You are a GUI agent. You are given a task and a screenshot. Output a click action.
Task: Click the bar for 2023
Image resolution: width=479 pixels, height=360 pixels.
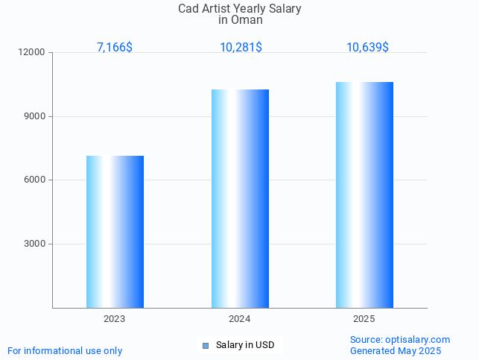(115, 232)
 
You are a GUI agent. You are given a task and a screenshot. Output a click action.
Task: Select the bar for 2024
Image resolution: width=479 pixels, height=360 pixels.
(240, 198)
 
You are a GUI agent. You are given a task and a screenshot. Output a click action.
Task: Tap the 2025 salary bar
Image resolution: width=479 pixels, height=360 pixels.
(364, 195)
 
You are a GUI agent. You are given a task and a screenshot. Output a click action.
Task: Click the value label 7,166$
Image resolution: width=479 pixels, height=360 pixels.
(115, 48)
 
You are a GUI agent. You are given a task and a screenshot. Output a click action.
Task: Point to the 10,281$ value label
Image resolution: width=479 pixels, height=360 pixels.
(240, 48)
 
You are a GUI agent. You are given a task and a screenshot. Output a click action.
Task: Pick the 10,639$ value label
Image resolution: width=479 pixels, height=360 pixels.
(367, 48)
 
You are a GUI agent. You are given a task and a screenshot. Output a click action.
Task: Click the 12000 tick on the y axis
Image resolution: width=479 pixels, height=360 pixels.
(32, 53)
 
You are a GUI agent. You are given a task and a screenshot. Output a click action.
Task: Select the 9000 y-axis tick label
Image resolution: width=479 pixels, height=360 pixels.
(35, 117)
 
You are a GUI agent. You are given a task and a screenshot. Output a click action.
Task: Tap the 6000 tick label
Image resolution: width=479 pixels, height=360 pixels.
(35, 180)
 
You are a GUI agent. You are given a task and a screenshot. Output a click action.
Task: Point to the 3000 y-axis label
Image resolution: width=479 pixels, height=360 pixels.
(35, 244)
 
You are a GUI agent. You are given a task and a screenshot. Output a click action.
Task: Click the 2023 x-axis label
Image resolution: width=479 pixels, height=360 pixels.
(115, 319)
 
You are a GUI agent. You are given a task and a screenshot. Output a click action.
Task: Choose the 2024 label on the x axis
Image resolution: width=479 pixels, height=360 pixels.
(240, 319)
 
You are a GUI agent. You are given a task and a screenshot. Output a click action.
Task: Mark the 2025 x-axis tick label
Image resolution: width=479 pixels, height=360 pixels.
(364, 319)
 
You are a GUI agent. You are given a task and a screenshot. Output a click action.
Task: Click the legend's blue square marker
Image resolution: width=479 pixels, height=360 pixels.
(206, 345)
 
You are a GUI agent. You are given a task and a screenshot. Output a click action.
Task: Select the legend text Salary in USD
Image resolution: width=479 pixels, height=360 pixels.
(245, 345)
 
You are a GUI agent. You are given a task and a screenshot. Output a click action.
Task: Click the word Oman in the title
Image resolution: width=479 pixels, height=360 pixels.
(240, 20)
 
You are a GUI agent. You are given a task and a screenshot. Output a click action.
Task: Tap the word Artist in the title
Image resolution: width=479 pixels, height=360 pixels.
(215, 9)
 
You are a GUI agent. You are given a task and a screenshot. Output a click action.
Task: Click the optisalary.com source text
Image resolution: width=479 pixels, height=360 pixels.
(400, 340)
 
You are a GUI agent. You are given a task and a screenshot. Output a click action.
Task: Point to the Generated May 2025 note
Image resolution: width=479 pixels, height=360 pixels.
(396, 351)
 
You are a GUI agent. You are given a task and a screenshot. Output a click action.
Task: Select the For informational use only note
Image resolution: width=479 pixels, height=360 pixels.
(65, 351)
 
